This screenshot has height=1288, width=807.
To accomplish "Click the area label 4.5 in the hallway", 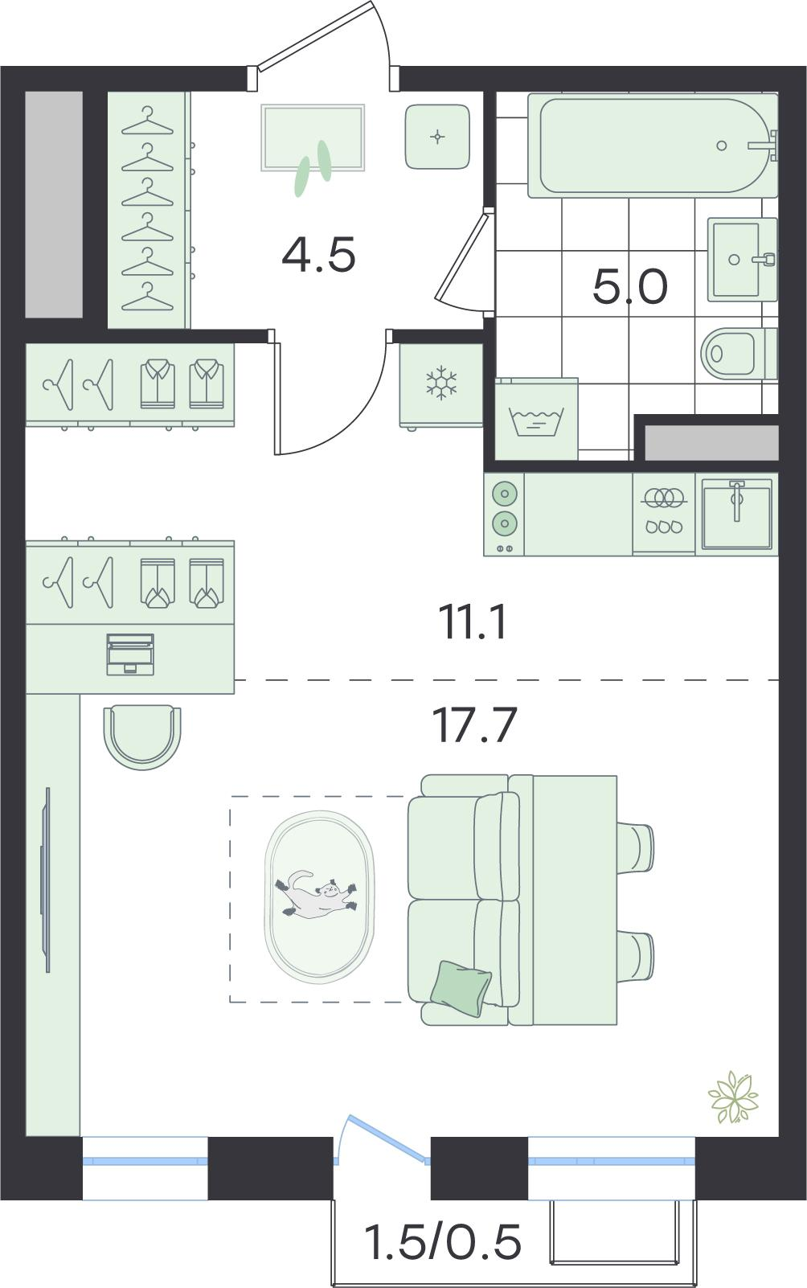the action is point(319,253).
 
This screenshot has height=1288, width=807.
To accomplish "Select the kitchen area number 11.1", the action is point(472,622).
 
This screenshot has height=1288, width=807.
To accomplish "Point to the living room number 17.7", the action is point(475,725).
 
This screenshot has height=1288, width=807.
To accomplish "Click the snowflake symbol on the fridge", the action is point(440,383).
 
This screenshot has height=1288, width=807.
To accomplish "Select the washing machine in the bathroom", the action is point(536,419).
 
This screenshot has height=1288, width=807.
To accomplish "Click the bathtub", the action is point(653,146).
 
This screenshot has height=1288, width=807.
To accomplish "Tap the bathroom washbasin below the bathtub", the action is point(742,260).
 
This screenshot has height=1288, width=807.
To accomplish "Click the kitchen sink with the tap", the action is point(737,514).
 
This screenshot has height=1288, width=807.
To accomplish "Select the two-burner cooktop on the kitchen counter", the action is point(504,514).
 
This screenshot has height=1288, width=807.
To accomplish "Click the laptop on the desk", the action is point(130,654).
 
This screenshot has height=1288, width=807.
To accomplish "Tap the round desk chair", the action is point(142,736).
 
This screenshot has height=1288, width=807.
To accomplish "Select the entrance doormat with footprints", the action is point(313,138).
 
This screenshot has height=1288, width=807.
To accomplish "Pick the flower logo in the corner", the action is point(734,1097).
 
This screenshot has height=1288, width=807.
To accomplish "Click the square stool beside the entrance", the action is point(437,137).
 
